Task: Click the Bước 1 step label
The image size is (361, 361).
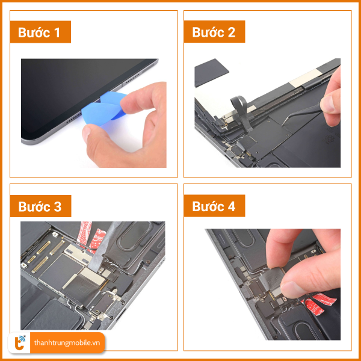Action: click(39, 32)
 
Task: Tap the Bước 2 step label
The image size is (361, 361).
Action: click(214, 32)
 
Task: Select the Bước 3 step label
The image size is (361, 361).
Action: click(40, 206)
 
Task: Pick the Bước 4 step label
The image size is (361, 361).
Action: click(214, 206)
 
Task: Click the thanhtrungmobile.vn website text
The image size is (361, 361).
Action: click(67, 343)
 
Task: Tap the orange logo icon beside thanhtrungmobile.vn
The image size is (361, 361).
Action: click(20, 343)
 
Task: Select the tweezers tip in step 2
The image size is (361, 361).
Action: click(282, 125)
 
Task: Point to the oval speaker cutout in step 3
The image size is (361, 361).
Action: click(134, 236)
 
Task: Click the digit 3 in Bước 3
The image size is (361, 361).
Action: click(58, 207)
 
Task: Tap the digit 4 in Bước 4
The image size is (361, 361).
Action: click(231, 206)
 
